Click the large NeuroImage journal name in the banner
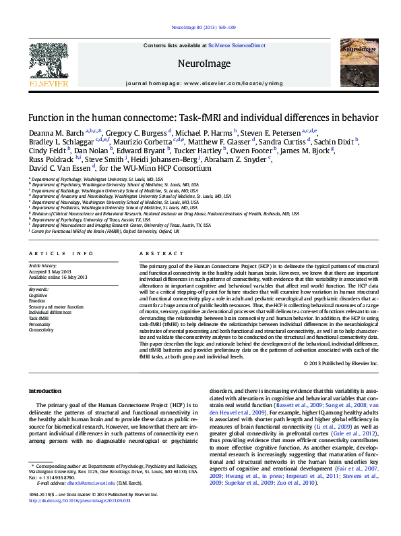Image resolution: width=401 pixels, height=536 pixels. pyautogui.click(x=200, y=63)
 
